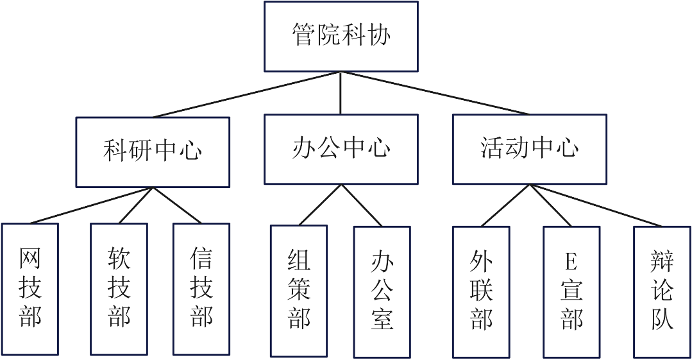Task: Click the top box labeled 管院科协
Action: coord(341,36)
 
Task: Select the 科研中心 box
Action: coord(153,151)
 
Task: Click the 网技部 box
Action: coord(30,289)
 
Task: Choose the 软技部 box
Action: coord(119,289)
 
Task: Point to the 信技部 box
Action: coord(201,289)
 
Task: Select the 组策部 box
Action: coord(298,290)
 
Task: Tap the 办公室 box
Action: coord(382,290)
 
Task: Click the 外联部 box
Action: coord(480,290)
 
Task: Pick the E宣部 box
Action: coord(571,290)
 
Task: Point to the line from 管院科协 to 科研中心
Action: coord(247,94)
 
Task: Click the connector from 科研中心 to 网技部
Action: coord(90,205)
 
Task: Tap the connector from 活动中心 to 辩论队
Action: coord(595,205)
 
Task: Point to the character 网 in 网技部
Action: coord(30,260)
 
